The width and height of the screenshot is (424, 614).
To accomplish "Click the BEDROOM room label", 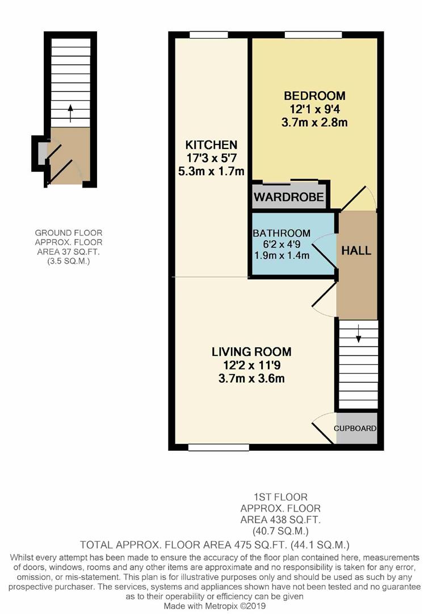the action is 314,96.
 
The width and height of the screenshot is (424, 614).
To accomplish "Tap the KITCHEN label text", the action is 211,145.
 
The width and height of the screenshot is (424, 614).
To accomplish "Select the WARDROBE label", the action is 289,197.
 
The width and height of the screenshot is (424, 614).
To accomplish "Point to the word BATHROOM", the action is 282,234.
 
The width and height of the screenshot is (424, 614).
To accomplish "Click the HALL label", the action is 356,251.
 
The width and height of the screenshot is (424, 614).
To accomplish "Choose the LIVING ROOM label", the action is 251,352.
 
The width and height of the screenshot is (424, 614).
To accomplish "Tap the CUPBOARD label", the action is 355,429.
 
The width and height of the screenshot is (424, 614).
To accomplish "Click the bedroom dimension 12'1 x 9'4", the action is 314,109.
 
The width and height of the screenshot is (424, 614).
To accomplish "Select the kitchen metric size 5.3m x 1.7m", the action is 211,171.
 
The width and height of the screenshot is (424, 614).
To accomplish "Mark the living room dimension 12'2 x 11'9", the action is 251,366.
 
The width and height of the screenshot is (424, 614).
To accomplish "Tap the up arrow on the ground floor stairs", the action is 70,113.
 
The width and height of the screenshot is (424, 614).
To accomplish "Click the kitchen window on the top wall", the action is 209,35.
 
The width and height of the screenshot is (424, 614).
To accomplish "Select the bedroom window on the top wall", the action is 313,35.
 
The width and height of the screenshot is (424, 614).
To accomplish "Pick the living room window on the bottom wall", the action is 219,447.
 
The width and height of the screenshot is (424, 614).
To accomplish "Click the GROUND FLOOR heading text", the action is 69,233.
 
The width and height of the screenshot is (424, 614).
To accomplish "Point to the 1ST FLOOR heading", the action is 280,497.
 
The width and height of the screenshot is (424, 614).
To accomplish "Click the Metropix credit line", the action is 215,606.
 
